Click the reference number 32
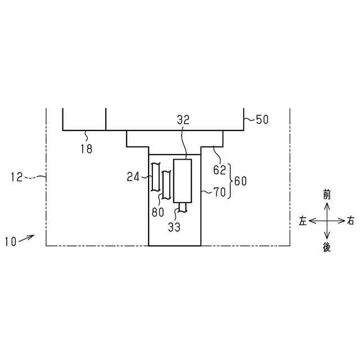point(183,120)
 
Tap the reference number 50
point(262,120)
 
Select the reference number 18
point(86,149)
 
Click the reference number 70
point(219,192)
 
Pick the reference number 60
point(240,181)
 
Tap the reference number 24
point(133,177)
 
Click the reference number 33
point(175,227)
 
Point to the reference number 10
point(10,242)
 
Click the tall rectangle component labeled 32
point(183,180)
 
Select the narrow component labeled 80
point(166,186)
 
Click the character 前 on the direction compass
point(327,195)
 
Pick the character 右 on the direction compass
point(351,220)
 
